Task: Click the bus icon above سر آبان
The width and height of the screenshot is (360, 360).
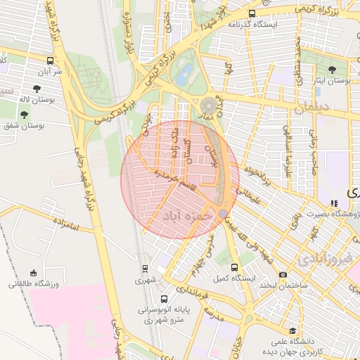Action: [x=50, y=61]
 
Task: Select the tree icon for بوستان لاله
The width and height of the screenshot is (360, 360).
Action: [x=25, y=113]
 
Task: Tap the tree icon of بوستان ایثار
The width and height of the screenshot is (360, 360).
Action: [x=332, y=70]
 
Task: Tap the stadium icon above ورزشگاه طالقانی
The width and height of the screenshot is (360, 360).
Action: [x=33, y=273]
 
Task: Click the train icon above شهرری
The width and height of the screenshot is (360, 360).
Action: [x=145, y=268]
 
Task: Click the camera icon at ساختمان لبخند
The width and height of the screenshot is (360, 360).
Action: [x=283, y=274]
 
